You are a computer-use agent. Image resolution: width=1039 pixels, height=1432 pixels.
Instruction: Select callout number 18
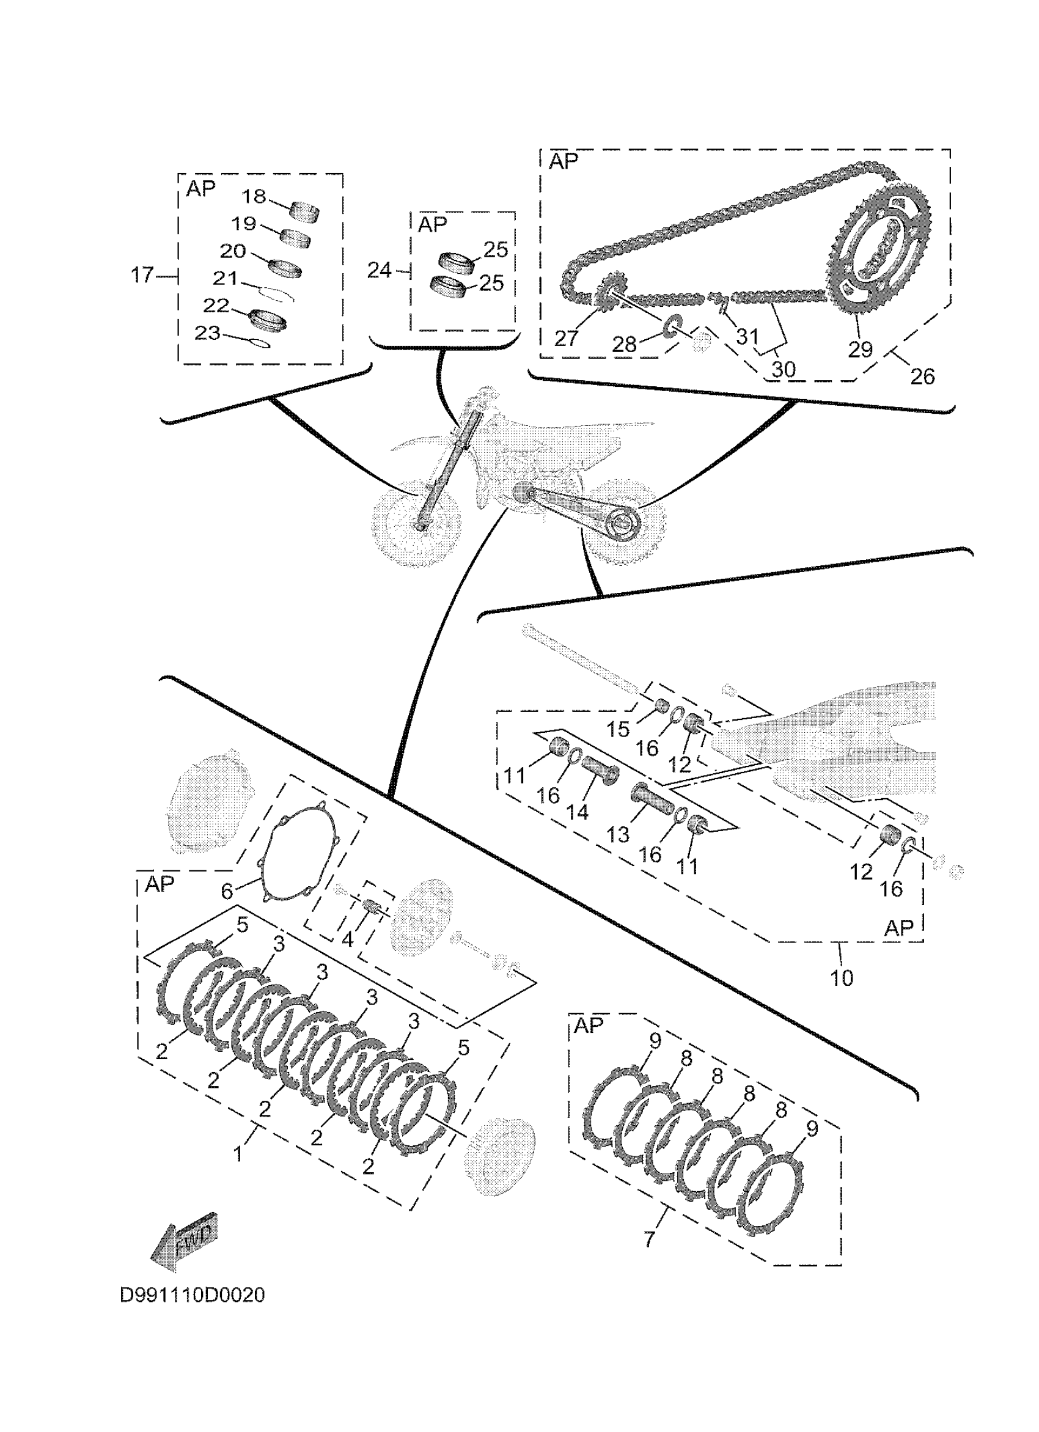coord(254,196)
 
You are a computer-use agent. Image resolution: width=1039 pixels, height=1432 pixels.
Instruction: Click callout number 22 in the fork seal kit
coord(216,305)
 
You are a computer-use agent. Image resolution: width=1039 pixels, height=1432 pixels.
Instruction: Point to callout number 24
coord(380,270)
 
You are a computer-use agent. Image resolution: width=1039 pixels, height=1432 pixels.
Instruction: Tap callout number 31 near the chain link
coord(747,337)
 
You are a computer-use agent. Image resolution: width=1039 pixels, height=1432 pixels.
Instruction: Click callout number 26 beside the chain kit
coord(922,376)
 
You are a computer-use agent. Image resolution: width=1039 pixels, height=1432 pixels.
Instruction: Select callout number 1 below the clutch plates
coord(238,1155)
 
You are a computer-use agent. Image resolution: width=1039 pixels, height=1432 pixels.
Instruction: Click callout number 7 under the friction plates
coord(650,1239)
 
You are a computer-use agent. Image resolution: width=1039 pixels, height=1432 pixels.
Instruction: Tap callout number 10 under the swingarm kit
coord(842,978)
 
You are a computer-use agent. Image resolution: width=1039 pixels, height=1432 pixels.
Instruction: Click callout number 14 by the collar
coord(577,813)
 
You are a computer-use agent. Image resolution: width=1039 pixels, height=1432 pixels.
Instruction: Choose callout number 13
coord(618,835)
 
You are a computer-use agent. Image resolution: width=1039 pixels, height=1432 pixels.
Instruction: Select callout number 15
coord(618,729)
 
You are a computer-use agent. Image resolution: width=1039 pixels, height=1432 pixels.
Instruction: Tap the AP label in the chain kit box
coord(563,161)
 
